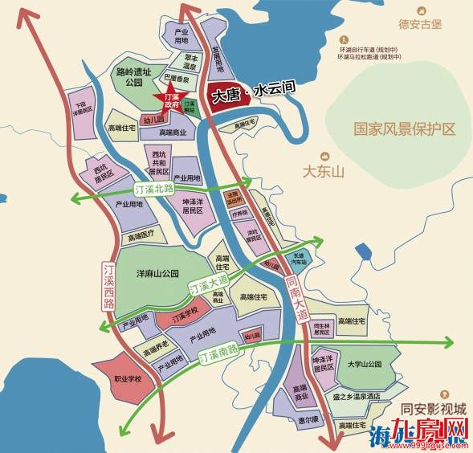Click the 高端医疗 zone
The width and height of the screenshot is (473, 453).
[141, 236]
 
